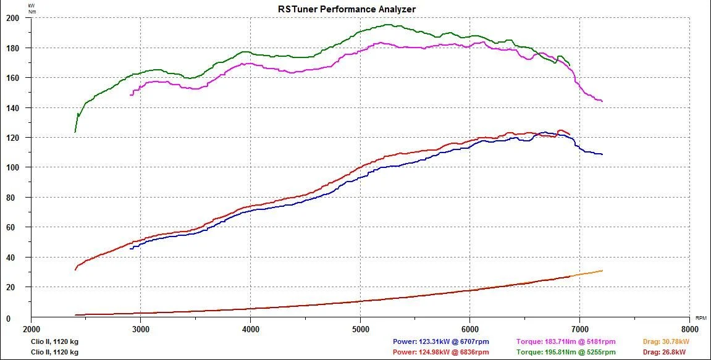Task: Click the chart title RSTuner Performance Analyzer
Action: [x=347, y=9]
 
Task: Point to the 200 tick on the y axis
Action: [x=12, y=18]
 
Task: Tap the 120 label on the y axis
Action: [x=12, y=137]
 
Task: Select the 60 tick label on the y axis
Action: [x=14, y=227]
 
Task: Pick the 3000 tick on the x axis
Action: [x=141, y=328]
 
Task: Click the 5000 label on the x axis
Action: [x=361, y=328]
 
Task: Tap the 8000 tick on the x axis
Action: [x=689, y=328]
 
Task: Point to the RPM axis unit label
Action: [x=701, y=318]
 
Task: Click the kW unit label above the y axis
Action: [x=32, y=6]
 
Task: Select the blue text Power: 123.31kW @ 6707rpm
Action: [x=441, y=342]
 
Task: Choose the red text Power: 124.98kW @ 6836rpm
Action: [x=441, y=353]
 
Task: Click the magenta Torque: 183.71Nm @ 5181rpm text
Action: [x=566, y=342]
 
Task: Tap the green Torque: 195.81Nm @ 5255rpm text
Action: [x=566, y=353]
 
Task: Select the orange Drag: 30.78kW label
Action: [x=666, y=342]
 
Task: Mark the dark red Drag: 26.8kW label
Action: [x=664, y=353]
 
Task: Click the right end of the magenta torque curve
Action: [x=602, y=101]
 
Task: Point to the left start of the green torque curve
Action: [x=75, y=132]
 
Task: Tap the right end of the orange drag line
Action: [x=602, y=270]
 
